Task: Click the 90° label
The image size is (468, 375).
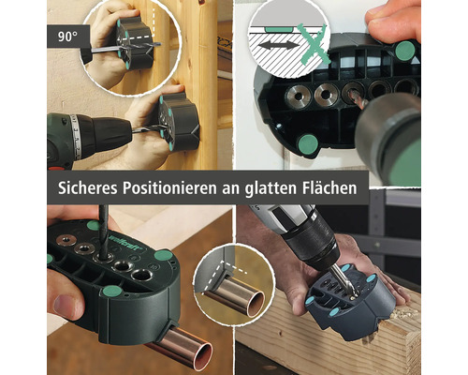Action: (x=67, y=37)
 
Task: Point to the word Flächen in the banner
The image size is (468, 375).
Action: (x=329, y=187)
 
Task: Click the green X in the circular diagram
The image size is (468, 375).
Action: (x=313, y=44)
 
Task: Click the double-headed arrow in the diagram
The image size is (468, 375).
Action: (x=278, y=46)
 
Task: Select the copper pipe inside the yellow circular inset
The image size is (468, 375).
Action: (x=233, y=299)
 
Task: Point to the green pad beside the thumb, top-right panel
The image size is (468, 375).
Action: (x=404, y=51)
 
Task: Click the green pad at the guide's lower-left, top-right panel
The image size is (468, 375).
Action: (x=308, y=144)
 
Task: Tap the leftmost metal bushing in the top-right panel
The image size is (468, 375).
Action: (x=298, y=97)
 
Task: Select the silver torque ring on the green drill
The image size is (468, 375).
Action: (x=75, y=137)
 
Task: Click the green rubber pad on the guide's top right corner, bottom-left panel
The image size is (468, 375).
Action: (x=163, y=255)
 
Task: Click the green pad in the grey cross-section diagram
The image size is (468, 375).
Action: (x=279, y=29)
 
